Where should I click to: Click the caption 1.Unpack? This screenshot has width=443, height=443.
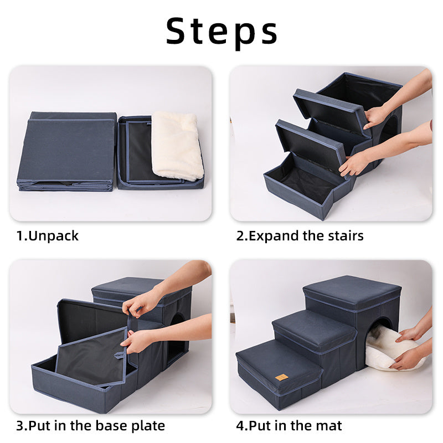click(x=48, y=236)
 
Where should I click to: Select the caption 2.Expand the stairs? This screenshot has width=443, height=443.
click(x=300, y=236)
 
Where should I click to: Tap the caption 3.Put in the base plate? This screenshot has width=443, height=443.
click(x=90, y=426)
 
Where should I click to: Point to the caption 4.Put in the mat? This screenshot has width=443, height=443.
click(x=289, y=426)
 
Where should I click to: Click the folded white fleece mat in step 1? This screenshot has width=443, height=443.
click(x=177, y=145)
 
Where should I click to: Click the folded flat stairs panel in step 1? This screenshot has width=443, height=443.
click(x=66, y=150)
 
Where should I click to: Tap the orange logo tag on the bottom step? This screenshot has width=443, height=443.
click(x=281, y=377)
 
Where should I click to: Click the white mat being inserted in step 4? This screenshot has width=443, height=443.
click(x=388, y=349)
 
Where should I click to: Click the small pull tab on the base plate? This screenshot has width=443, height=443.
click(x=119, y=355)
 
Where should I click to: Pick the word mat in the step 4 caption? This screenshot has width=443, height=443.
click(x=331, y=426)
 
